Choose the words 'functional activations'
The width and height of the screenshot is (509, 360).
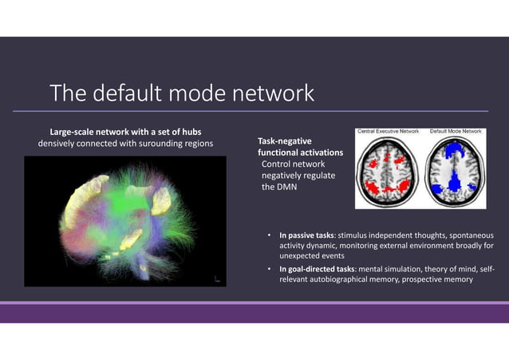[x=300, y=152]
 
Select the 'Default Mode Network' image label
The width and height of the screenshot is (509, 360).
[x=456, y=130]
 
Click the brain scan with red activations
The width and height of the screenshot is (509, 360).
[x=389, y=169]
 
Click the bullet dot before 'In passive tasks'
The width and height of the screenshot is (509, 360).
[x=270, y=235]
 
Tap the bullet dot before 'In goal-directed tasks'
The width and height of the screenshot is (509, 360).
[x=270, y=269]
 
